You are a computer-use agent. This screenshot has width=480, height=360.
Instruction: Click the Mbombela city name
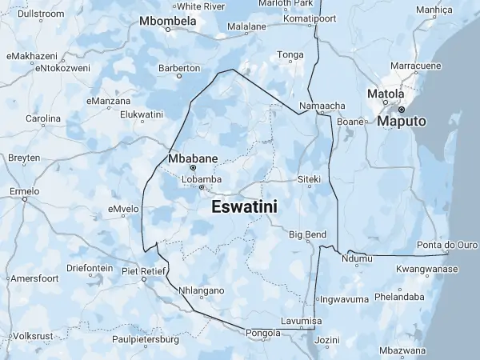click(168, 20)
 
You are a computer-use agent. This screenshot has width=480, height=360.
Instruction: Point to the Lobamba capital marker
click(202, 188)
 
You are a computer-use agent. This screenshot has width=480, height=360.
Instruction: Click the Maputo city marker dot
click(402, 109)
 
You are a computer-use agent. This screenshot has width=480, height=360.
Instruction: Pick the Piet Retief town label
click(142, 271)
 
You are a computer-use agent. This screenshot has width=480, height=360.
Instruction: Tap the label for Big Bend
click(307, 234)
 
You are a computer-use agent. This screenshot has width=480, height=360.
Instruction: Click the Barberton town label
click(178, 68)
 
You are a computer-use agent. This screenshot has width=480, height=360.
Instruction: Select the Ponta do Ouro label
click(447, 245)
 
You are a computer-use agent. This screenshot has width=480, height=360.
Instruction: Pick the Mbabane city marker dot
click(193, 168)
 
